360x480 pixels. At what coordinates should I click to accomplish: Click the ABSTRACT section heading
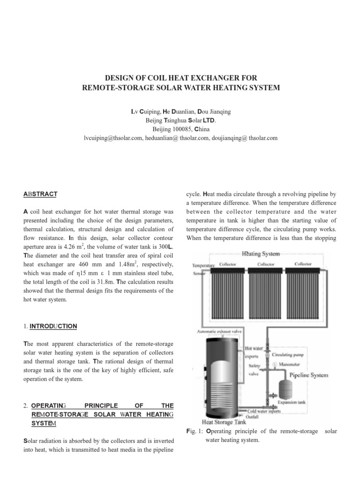point(40,194)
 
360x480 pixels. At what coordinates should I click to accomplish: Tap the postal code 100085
point(179,129)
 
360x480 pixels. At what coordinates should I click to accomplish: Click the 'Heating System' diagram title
point(261,254)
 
